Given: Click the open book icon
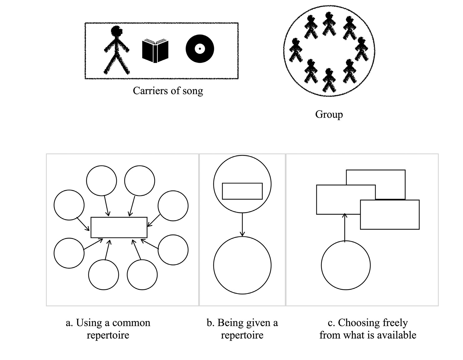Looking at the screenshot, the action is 155,51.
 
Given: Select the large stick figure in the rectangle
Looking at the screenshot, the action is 116,50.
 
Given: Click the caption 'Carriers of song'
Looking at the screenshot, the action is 168,91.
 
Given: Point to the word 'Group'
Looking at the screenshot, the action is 329,114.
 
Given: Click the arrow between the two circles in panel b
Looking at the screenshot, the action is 242,224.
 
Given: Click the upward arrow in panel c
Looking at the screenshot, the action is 345,228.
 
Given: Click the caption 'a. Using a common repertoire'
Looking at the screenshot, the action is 108,329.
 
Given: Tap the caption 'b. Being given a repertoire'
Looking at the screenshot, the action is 242,329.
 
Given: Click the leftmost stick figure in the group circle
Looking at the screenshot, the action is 296,50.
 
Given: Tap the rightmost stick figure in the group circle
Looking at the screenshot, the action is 362,49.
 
